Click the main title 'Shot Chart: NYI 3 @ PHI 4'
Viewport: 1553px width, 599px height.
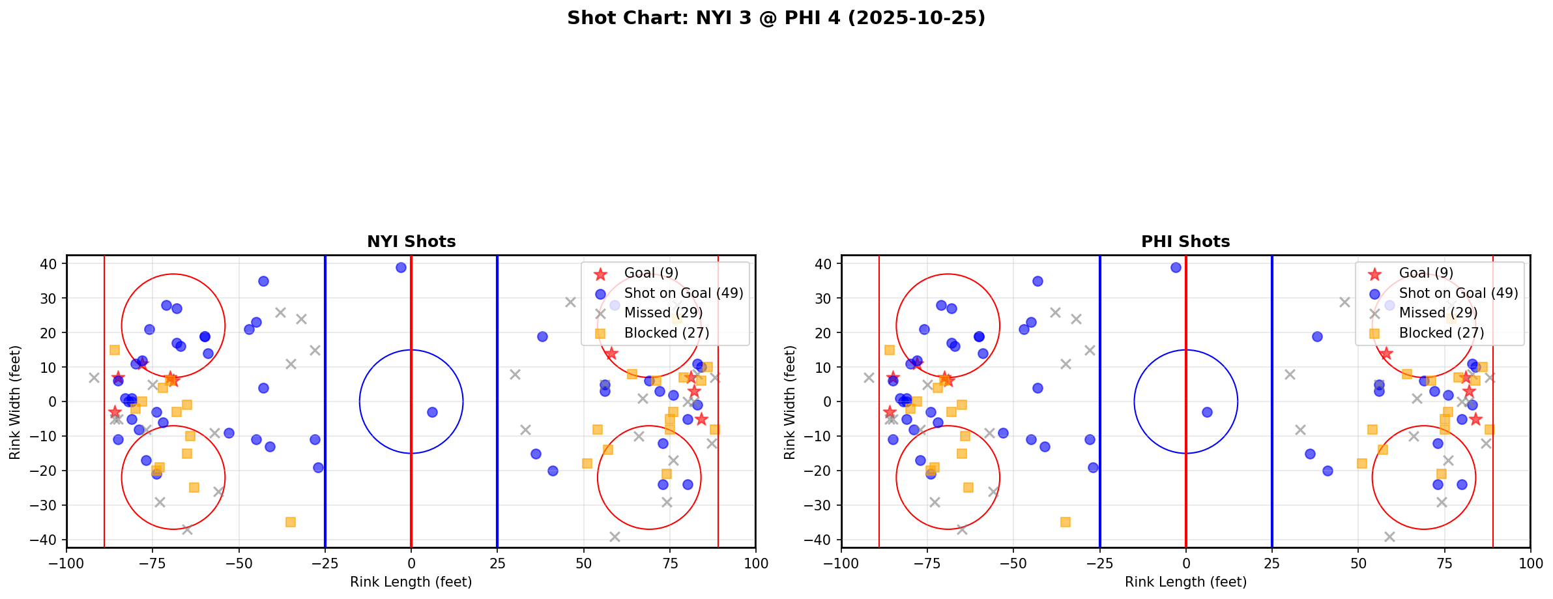(776, 18)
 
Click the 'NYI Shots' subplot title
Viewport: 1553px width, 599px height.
(411, 242)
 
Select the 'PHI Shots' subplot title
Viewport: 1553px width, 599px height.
(1185, 242)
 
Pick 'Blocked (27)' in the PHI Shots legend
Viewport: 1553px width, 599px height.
(1442, 333)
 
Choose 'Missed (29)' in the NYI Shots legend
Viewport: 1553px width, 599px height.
(663, 313)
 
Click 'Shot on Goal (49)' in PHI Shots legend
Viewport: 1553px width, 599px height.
(1459, 293)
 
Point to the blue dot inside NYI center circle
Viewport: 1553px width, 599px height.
(432, 412)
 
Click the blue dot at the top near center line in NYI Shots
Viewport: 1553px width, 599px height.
(401, 267)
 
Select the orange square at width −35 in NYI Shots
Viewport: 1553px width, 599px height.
(291, 522)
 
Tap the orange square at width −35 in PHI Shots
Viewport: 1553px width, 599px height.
(1066, 522)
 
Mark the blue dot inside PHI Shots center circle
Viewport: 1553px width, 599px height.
(1207, 412)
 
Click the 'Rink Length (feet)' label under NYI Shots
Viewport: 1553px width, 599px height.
(411, 582)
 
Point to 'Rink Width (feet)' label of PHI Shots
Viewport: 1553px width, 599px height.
(790, 402)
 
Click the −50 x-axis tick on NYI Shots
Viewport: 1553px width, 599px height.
(239, 563)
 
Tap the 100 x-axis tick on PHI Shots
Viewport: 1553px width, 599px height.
(1530, 563)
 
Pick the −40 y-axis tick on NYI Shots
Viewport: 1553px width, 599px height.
(49, 540)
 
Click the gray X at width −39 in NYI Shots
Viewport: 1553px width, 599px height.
(615, 536)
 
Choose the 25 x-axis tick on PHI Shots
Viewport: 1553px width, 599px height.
(1271, 563)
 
